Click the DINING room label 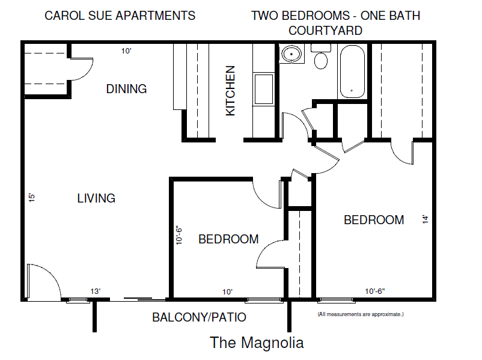(x=126, y=89)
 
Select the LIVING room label (x=96, y=198)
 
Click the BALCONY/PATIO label (x=199, y=317)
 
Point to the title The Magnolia (x=257, y=343)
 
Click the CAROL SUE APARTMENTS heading (x=120, y=16)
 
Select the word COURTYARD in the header (x=325, y=30)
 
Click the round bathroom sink (x=292, y=55)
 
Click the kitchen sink (x=263, y=89)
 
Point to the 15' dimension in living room (x=31, y=197)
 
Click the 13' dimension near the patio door (x=95, y=291)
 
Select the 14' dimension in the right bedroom (x=426, y=220)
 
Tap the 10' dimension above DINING (x=126, y=51)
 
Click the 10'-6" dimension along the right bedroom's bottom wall (x=374, y=291)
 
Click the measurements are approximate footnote (x=361, y=314)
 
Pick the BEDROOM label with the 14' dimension (x=374, y=220)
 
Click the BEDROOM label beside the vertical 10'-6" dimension (x=228, y=239)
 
